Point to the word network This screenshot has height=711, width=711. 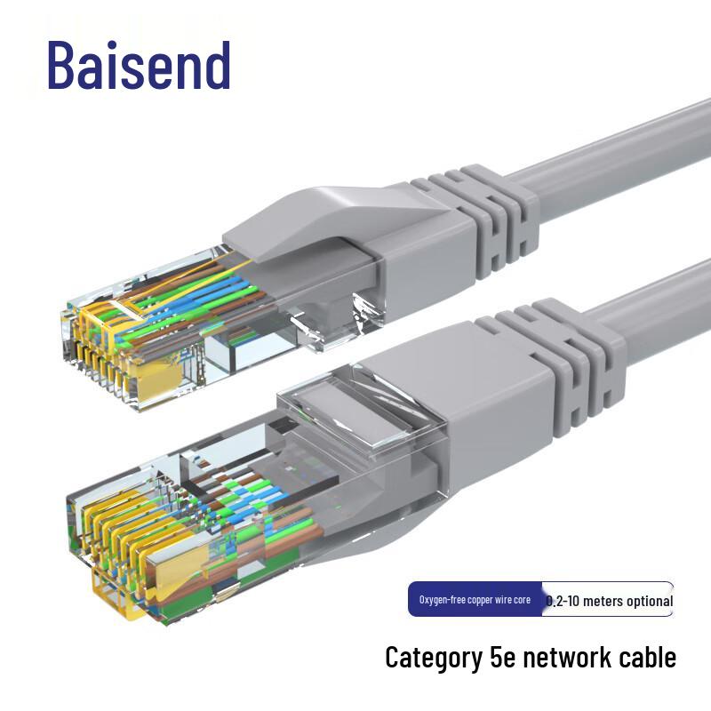coord(566,658)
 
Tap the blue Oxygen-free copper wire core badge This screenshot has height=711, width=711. coord(475,600)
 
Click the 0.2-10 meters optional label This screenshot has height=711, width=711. coord(609,601)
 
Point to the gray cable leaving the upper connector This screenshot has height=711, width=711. coord(622,151)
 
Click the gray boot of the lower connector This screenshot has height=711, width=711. coord(462,418)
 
